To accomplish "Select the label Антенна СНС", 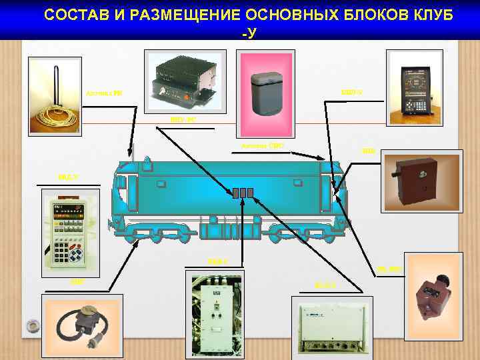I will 253,145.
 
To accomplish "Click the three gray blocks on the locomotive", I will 243,193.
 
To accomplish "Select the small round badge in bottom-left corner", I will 31,325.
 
